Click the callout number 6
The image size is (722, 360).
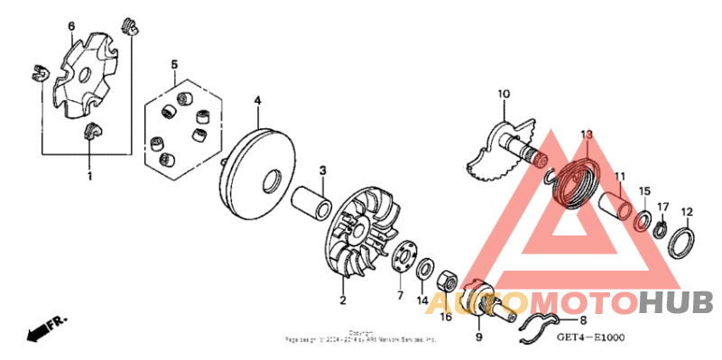click(x=71, y=26)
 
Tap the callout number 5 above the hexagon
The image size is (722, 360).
click(x=175, y=64)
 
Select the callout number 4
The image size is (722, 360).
click(x=257, y=100)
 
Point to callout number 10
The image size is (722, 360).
click(x=504, y=93)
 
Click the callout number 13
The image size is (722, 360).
click(x=586, y=134)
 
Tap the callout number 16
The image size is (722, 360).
click(x=446, y=317)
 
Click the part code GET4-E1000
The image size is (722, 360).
click(x=589, y=338)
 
